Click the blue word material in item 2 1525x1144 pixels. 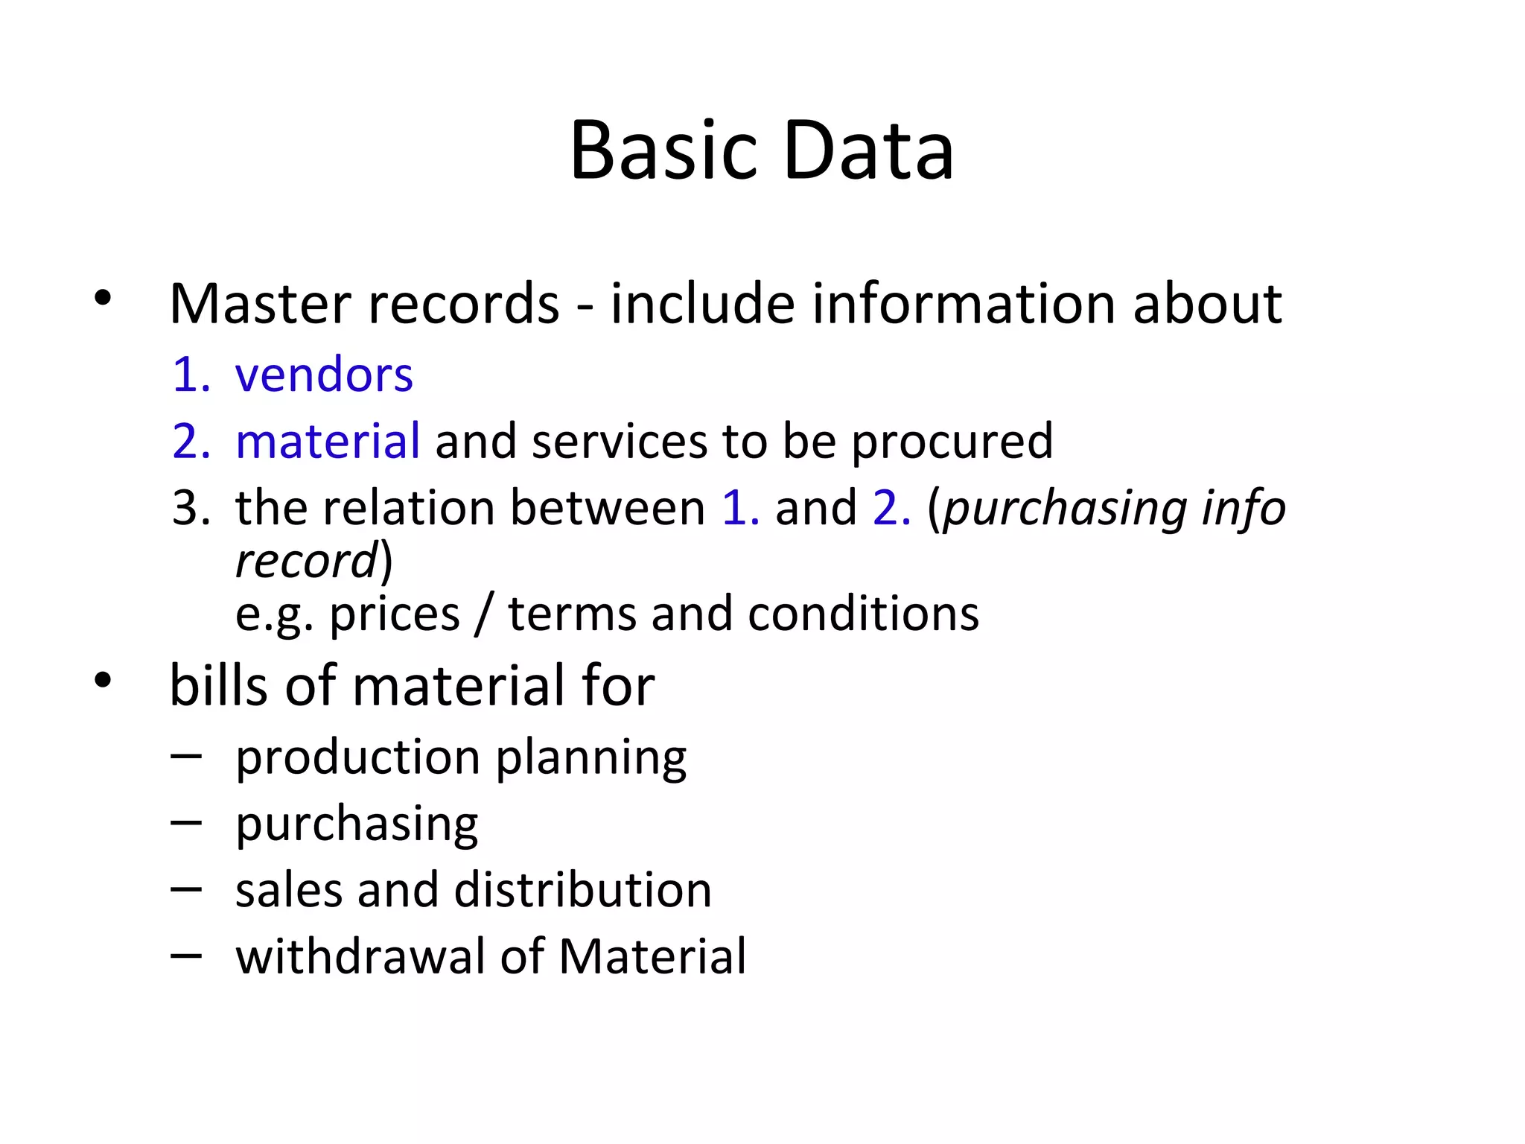tap(328, 440)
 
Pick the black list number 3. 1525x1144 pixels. tap(191, 508)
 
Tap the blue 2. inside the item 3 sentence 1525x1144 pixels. tap(891, 508)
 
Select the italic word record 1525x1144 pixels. tap(306, 561)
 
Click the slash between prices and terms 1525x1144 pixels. tap(484, 614)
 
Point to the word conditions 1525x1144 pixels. tap(863, 614)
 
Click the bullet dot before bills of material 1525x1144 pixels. tap(103, 679)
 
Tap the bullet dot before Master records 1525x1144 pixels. tap(103, 298)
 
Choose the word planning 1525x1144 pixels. tap(591, 758)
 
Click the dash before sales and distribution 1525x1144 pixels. tap(185, 889)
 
